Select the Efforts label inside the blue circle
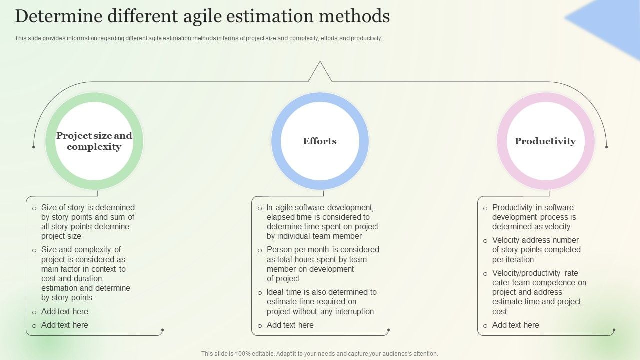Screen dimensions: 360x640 pos(320,141)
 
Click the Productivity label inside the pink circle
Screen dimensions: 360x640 pos(545,141)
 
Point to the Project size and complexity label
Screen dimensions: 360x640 pos(94,141)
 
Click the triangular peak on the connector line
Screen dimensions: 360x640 pos(320,63)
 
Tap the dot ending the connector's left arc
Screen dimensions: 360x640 pos(34,147)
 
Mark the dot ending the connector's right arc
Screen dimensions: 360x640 pos(606,147)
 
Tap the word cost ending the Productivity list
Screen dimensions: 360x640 pos(499,311)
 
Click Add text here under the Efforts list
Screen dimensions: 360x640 pos(290,325)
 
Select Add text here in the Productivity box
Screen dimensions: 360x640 pos(515,325)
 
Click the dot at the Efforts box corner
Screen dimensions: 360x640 pos(388,330)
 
